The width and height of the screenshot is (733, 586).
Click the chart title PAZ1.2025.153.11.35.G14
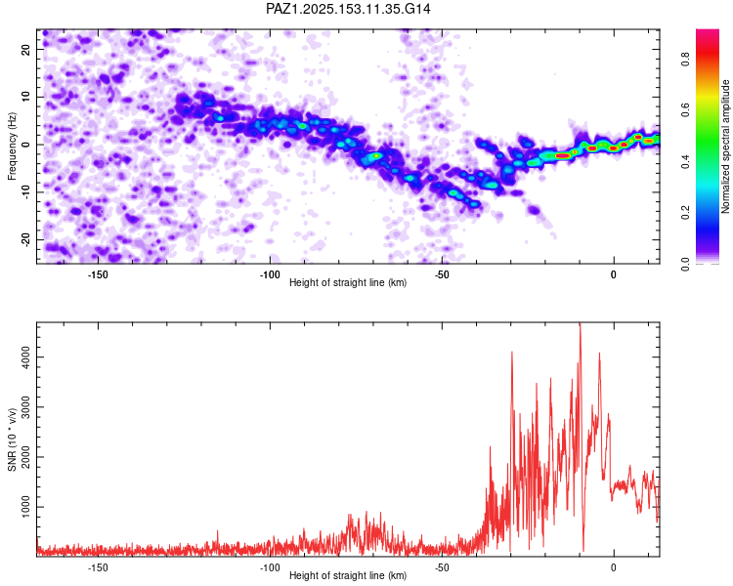click(x=349, y=9)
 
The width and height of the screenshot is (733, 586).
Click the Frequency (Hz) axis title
click(x=12, y=146)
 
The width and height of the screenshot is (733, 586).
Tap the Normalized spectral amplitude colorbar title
click(x=726, y=147)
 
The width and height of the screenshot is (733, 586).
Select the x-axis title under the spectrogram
click(x=348, y=283)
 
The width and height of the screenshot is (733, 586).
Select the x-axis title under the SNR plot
click(x=348, y=576)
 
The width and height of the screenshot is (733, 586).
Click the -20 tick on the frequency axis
click(x=26, y=239)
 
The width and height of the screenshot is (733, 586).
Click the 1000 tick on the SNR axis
click(x=26, y=507)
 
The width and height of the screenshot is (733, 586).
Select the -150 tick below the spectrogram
click(x=97, y=274)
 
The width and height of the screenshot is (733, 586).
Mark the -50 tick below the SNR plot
click(x=442, y=567)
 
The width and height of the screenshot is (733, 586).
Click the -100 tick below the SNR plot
click(x=270, y=567)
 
